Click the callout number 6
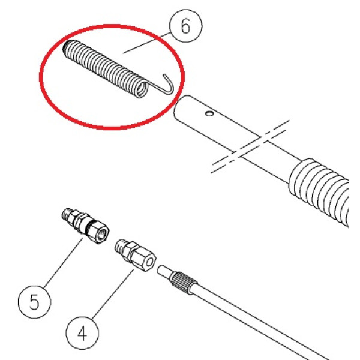pyautogui.click(x=185, y=26)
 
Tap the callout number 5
pyautogui.click(x=34, y=302)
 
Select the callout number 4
pyautogui.click(x=82, y=334)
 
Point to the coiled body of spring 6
pyautogui.click(x=104, y=69)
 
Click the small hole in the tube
pyautogui.click(x=209, y=113)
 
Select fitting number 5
pyautogui.click(x=85, y=225)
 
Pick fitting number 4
pyautogui.click(x=135, y=254)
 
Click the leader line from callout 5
pyautogui.click(x=64, y=263)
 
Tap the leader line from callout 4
pyautogui.click(x=113, y=295)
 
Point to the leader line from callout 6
pyautogui.click(x=147, y=43)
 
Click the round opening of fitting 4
pyautogui.click(x=149, y=262)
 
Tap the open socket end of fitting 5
pyautogui.click(x=102, y=234)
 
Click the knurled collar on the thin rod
pyautogui.click(x=183, y=281)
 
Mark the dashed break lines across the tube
pyautogui.click(x=250, y=146)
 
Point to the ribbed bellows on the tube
pyautogui.click(x=319, y=191)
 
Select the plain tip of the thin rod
pyautogui.click(x=164, y=271)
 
